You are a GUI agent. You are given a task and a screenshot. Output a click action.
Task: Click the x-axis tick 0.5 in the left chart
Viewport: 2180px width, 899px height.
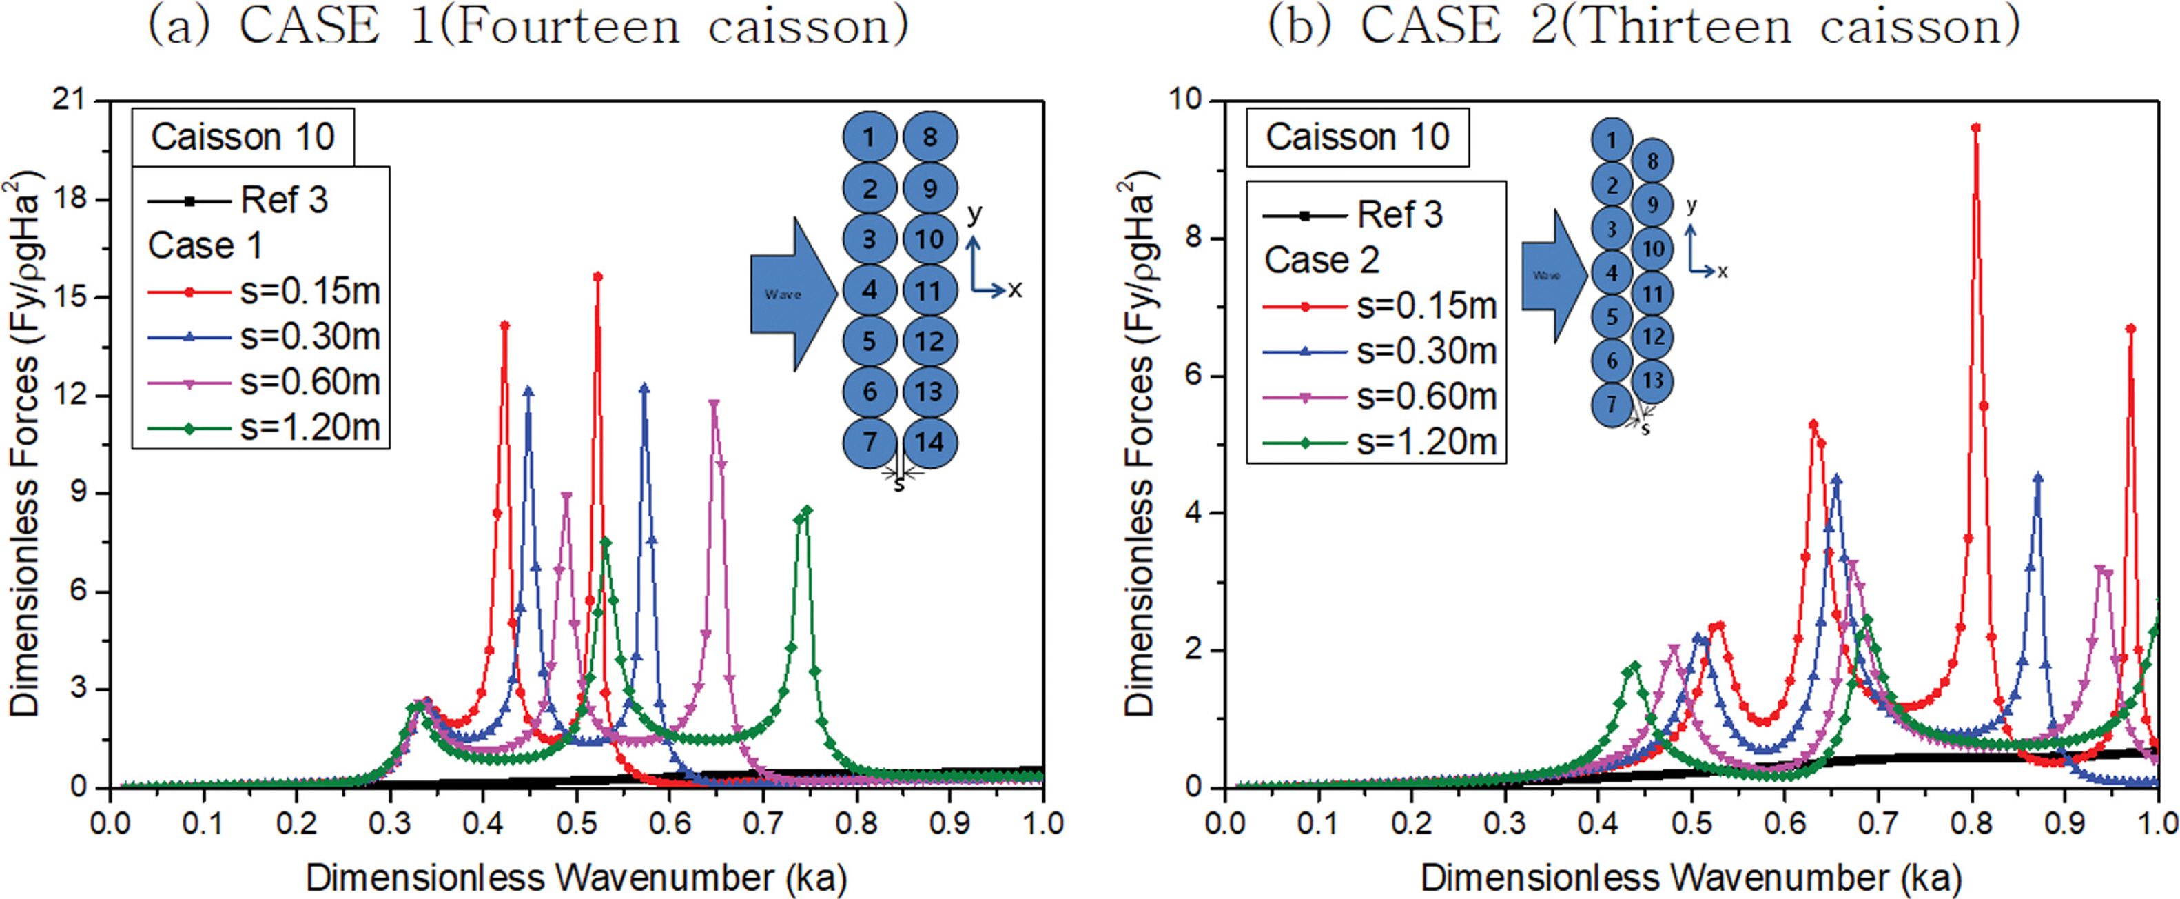pos(576,822)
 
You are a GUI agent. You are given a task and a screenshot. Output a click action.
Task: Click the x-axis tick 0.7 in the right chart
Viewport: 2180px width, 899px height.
pos(1878,822)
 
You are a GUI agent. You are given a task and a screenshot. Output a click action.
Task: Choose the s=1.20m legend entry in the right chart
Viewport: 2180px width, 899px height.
pos(1379,442)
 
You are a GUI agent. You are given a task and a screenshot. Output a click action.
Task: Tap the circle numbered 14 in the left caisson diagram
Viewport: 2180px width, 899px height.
pos(929,442)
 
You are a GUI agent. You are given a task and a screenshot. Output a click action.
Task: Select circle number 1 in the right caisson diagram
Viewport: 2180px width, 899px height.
pos(1612,141)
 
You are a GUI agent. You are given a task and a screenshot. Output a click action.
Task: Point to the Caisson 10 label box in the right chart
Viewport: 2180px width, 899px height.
pos(1357,137)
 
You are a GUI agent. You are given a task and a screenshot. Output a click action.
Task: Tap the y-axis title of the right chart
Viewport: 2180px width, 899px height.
pos(1139,445)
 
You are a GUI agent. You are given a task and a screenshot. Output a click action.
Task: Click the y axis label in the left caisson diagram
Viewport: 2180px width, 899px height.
pos(975,212)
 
